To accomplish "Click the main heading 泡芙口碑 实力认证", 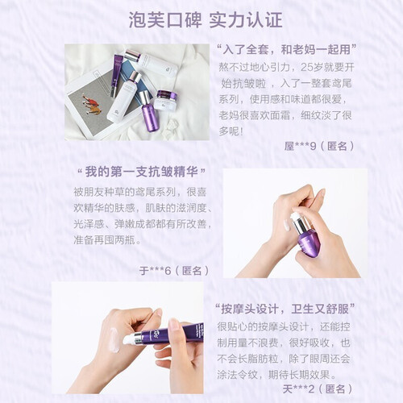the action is point(206,20).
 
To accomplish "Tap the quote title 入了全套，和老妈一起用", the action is point(287,50).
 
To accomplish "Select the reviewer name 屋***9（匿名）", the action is point(319,146).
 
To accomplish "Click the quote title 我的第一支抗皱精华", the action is point(142,172).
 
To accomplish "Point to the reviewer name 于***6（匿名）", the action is point(174,271).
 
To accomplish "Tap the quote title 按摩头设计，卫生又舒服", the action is point(285,310).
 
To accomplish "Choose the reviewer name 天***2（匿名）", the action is point(318,388).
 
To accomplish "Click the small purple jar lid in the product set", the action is point(167,95).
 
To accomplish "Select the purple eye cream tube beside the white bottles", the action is point(116,75).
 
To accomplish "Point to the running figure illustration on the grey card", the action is point(92,104).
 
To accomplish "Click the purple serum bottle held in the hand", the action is point(305,233).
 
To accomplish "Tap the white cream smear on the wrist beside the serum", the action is point(287,225).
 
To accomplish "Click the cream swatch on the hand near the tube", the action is point(114,339).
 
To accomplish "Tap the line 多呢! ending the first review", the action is point(231,131).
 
